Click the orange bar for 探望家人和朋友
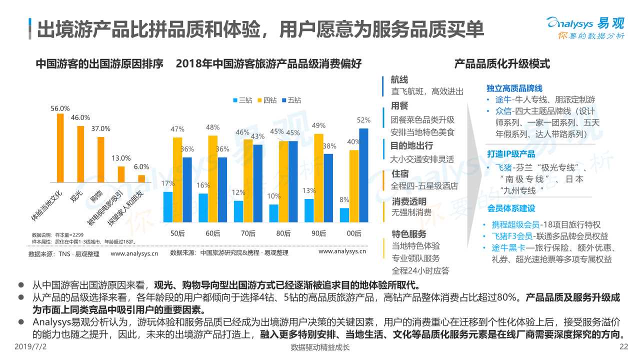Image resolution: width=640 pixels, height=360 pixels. click(x=141, y=178)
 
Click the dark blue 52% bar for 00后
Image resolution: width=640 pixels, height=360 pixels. click(x=363, y=175)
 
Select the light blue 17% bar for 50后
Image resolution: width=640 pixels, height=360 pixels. click(x=168, y=206)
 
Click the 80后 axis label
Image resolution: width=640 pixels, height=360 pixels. click(x=283, y=233)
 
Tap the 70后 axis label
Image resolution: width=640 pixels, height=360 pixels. click(x=248, y=233)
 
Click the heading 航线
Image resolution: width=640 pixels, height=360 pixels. click(x=399, y=80)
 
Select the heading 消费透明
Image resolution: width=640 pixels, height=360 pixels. click(x=408, y=201)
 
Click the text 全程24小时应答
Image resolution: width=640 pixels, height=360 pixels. click(x=420, y=270)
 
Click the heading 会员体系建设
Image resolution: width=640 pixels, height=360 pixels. click(x=510, y=208)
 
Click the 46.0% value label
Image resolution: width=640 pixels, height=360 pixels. click(x=80, y=117)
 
